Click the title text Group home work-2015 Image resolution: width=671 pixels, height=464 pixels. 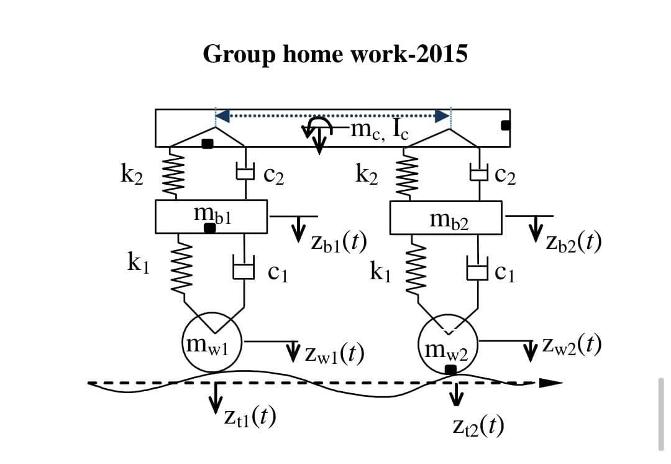(335, 54)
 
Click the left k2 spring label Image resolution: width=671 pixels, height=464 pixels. (131, 175)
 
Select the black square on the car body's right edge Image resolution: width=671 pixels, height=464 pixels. (506, 126)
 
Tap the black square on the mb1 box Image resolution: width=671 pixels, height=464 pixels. (210, 228)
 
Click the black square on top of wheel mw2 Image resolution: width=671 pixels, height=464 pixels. (451, 369)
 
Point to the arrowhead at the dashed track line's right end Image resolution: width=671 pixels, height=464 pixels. (549, 383)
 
